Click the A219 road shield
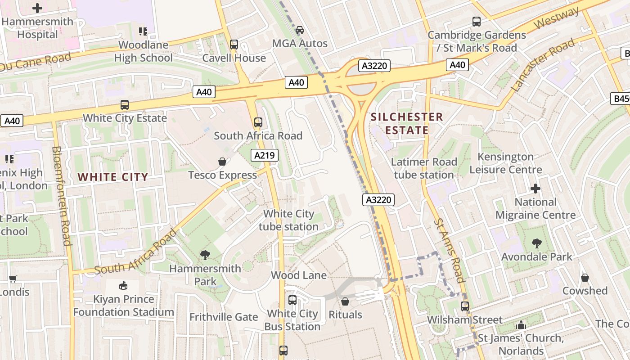(x=265, y=156)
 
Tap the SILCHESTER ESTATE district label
(x=407, y=124)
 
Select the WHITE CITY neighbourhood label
(x=113, y=177)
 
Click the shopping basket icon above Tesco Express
(x=222, y=162)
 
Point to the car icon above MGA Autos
(x=300, y=30)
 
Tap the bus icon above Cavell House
(x=234, y=45)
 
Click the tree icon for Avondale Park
(x=536, y=243)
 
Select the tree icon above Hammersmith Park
(x=205, y=255)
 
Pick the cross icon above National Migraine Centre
(x=535, y=188)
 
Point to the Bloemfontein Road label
(x=62, y=196)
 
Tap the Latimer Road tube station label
(x=424, y=168)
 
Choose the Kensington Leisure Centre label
(x=506, y=163)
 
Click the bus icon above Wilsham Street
(x=465, y=306)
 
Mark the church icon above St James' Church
(x=521, y=324)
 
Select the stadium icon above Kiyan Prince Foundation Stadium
(x=123, y=285)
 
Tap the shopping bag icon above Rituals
(x=345, y=301)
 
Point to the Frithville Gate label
(x=224, y=317)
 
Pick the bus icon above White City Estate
(x=125, y=105)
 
